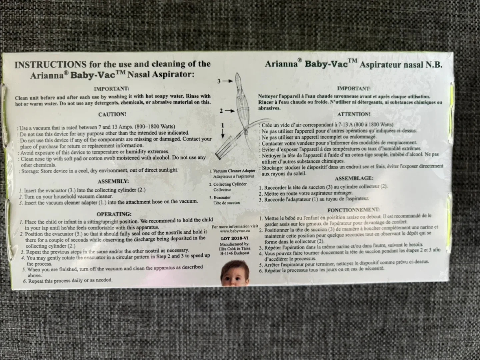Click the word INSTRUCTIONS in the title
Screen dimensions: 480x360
pyautogui.click(x=51, y=65)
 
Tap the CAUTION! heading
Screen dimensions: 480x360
pyautogui.click(x=112, y=114)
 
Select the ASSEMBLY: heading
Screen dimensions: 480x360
pyautogui.click(x=113, y=182)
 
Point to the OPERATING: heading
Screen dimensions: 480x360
pyautogui.click(x=114, y=214)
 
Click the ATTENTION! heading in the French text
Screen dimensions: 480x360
pyautogui.click(x=354, y=114)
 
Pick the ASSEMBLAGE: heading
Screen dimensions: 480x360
pyautogui.click(x=354, y=178)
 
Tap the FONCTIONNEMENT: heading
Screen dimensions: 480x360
pyautogui.click(x=353, y=210)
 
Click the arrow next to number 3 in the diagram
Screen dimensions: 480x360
pyautogui.click(x=228, y=81)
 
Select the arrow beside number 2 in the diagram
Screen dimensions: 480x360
pyautogui.click(x=230, y=111)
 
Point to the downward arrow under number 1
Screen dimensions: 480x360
pyautogui.click(x=223, y=134)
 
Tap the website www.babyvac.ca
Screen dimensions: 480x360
pyautogui.click(x=235, y=231)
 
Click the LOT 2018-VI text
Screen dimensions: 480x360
pyautogui.click(x=235, y=238)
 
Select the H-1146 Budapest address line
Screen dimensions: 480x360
pyautogui.click(x=235, y=253)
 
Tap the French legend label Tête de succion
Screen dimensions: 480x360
pyautogui.click(x=227, y=203)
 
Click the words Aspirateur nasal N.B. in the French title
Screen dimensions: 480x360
pyautogui.click(x=401, y=65)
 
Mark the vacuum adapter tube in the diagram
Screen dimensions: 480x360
pyautogui.click(x=225, y=146)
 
